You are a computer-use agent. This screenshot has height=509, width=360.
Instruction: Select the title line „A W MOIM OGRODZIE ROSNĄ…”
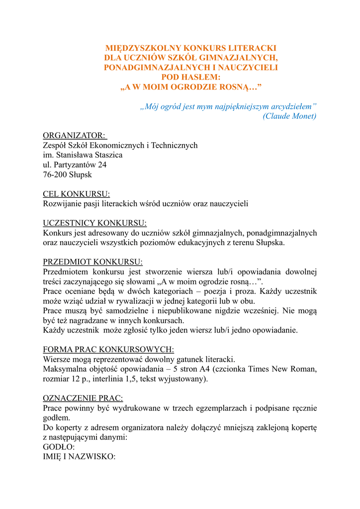pyautogui.click(x=191, y=87)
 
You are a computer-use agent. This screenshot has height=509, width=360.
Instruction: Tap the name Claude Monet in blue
pyautogui.click(x=289, y=116)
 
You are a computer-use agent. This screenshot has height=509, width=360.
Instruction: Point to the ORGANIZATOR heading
pyautogui.click(x=74, y=136)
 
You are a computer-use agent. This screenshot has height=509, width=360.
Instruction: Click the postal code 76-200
pyautogui.click(x=55, y=175)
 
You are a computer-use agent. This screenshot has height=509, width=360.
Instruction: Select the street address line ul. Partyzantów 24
pyautogui.click(x=75, y=165)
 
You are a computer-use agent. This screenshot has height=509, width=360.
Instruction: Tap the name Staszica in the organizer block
pyautogui.click(x=107, y=155)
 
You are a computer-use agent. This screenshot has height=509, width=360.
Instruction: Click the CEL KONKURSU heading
pyautogui.click(x=77, y=194)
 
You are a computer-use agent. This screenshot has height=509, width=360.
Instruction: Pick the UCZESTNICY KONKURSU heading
pyautogui.click(x=95, y=223)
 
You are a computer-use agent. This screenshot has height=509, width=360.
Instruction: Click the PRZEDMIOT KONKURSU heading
pyautogui.click(x=93, y=262)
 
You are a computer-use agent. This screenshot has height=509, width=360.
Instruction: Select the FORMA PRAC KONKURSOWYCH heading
pyautogui.click(x=108, y=349)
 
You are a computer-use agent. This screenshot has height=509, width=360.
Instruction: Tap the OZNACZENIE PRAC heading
pyautogui.click(x=83, y=398)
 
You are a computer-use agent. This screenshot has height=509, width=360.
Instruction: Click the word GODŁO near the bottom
pyautogui.click(x=58, y=447)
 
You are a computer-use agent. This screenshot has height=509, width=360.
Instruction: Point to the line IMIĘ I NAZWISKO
pyautogui.click(x=79, y=457)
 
